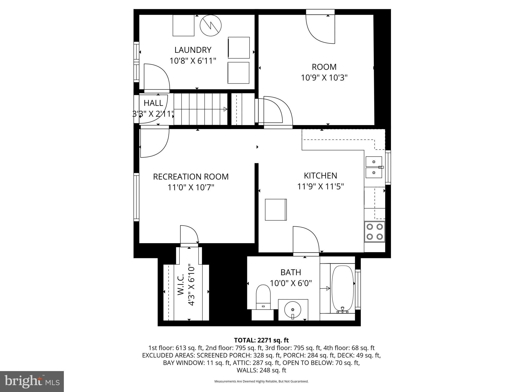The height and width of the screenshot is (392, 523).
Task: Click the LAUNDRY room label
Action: tap(193, 50)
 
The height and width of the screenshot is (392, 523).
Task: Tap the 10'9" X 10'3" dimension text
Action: tap(324, 78)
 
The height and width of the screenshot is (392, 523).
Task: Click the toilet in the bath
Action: tap(263, 297)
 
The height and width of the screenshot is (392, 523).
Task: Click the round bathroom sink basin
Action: tap(293, 309)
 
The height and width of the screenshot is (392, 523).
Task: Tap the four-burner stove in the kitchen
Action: tap(374, 232)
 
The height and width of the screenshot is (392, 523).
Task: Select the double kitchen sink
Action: tap(374, 167)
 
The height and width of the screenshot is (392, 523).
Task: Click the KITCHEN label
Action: tap(320, 176)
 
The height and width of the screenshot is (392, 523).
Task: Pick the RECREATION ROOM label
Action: tap(191, 177)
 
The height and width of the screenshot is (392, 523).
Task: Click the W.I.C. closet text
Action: tap(181, 285)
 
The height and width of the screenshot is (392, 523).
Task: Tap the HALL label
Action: tap(153, 103)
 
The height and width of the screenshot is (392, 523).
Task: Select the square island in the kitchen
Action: tap(276, 210)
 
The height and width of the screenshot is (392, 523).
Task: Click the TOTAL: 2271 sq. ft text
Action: tap(261, 340)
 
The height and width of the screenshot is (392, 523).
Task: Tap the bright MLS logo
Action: tap(32, 381)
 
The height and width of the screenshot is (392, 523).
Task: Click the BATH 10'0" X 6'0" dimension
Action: tap(291, 283)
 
